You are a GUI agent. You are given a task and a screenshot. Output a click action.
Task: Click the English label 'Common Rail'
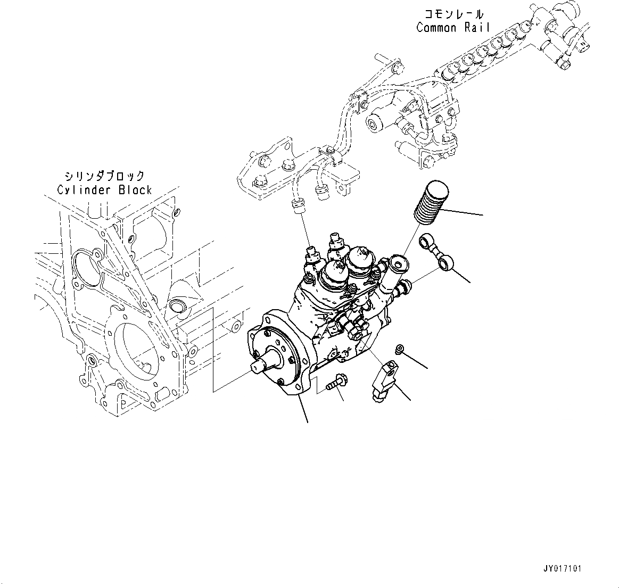click(x=452, y=28)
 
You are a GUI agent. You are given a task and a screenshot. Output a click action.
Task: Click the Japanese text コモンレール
click(x=454, y=14)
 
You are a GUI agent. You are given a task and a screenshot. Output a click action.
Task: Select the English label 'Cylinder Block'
click(x=105, y=190)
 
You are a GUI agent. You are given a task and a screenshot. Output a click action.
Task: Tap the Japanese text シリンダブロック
click(x=104, y=176)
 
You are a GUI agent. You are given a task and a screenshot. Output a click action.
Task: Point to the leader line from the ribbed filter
click(x=466, y=212)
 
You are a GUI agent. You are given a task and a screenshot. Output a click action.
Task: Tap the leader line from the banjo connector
click(x=462, y=275)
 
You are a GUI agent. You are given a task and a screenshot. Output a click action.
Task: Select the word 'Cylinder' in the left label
click(x=85, y=190)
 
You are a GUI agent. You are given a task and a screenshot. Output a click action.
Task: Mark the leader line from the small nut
click(x=416, y=360)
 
